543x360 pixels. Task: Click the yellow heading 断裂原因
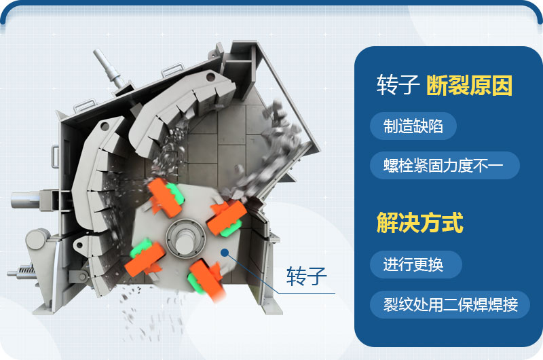[469, 86]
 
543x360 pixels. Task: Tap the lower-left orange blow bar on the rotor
[144, 256]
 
